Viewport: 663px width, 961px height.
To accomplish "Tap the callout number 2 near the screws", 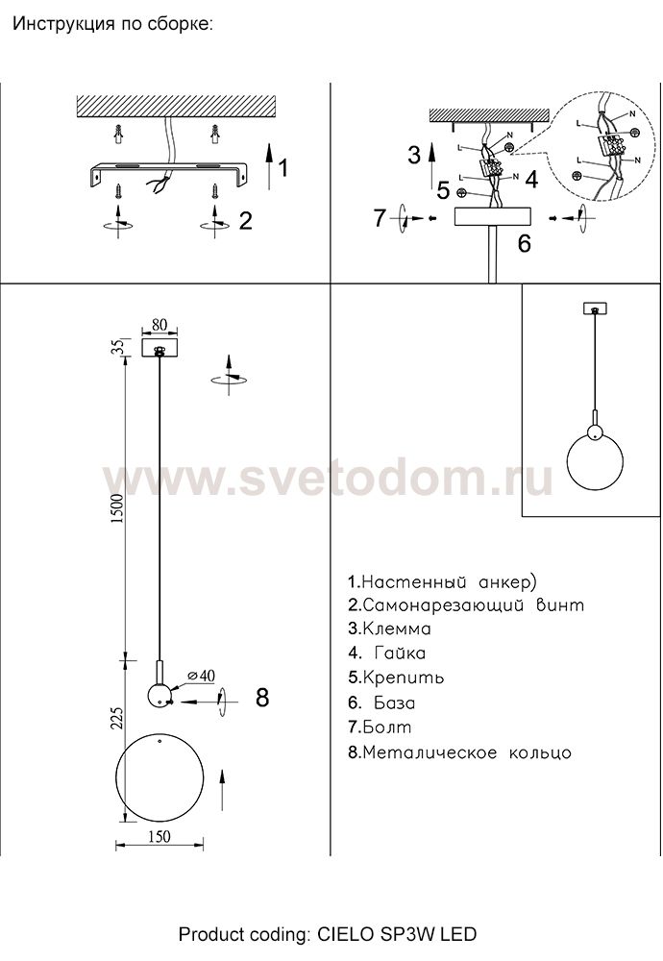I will [245, 221].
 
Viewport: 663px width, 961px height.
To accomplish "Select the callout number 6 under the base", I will [525, 243].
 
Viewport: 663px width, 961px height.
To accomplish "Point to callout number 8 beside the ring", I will [262, 698].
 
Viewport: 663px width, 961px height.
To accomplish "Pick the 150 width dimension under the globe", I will [160, 835].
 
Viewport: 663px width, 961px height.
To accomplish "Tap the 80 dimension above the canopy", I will [160, 325].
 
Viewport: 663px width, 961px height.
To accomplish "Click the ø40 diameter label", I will [200, 677].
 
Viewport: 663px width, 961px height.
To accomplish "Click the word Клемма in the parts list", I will [397, 629].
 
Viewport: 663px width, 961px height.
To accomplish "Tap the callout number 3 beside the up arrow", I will [413, 154].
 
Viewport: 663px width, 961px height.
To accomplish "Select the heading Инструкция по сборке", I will [111, 24].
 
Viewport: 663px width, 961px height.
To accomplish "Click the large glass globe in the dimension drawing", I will [160, 777].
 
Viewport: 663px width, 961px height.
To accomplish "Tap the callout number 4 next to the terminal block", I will [530, 178].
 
